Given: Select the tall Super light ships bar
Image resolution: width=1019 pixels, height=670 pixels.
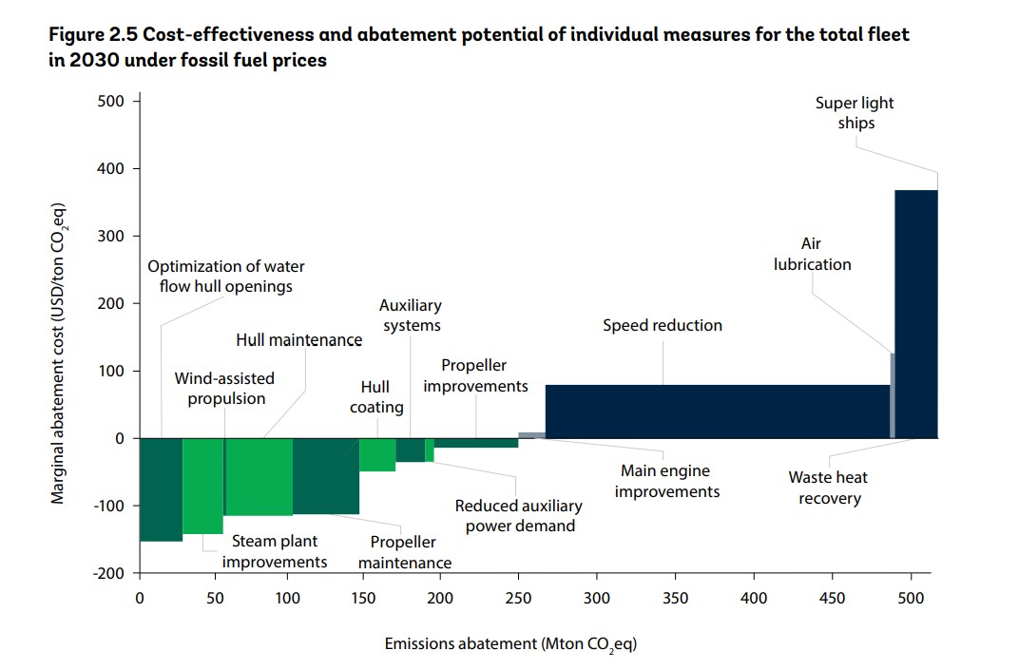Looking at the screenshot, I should [x=916, y=314].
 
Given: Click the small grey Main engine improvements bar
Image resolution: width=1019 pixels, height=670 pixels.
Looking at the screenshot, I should [x=531, y=435].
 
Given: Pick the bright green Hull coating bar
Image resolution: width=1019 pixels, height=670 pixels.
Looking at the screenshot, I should [x=377, y=454].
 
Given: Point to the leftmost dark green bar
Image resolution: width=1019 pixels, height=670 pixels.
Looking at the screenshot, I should [x=161, y=489].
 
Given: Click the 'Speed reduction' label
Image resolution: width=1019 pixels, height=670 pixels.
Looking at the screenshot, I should [x=663, y=326].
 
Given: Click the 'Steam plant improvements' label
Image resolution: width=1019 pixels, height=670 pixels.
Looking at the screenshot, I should [x=276, y=551].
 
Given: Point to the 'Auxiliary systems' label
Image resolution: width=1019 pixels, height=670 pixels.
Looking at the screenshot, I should [x=411, y=316].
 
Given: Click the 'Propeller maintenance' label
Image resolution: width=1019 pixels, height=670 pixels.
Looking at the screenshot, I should [x=403, y=552].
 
